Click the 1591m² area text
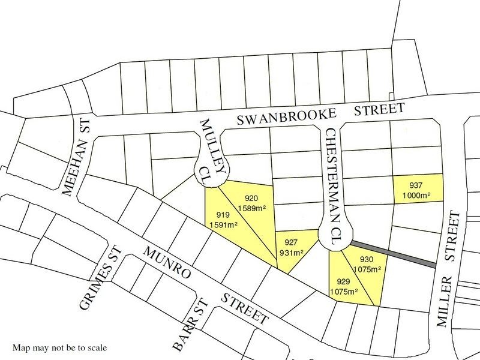tap(223, 225)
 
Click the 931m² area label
tap(292, 252)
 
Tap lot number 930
tap(367, 259)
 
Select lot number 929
tap(343, 281)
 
